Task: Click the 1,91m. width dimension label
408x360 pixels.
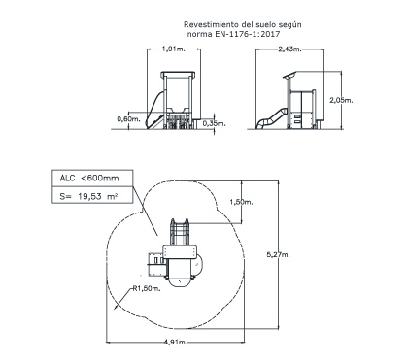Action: coord(173,49)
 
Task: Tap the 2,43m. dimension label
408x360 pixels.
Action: coord(289,49)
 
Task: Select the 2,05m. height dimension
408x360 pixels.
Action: coord(341,100)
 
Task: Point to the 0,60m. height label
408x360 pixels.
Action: coord(128,119)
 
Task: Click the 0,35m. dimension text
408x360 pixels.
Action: coord(215,123)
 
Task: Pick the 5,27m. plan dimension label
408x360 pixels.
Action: coord(278,255)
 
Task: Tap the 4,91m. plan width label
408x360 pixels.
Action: coord(176,342)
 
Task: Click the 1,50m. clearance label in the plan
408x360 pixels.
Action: coord(241,202)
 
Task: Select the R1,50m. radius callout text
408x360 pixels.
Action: coord(147,288)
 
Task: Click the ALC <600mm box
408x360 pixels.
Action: coord(92,178)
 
